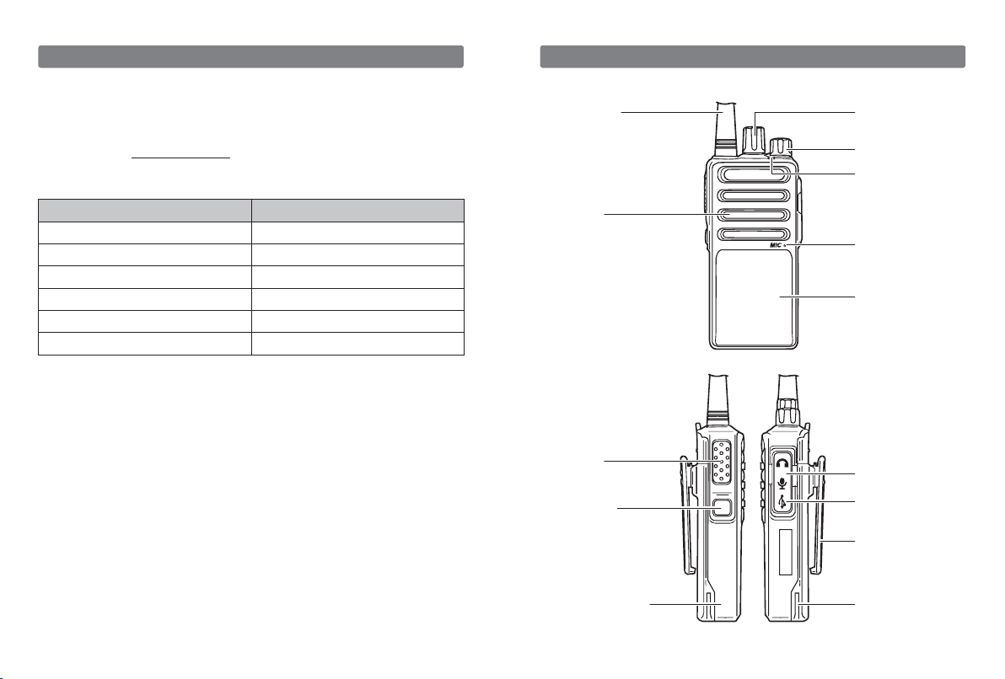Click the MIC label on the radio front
[x=776, y=245]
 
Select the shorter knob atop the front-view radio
[x=782, y=147]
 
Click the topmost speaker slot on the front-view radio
[x=753, y=175]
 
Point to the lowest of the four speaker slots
[x=753, y=234]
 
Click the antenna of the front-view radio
[x=723, y=127]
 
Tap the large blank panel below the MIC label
[x=754, y=298]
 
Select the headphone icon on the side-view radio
[x=782, y=462]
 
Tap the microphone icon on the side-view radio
[x=782, y=483]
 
